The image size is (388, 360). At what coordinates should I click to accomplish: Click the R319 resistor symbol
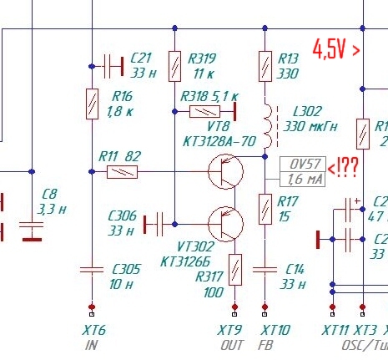coord(174,66)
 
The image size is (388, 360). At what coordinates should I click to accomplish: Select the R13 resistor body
coord(265,66)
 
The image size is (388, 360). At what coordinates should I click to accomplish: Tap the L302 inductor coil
coord(267,125)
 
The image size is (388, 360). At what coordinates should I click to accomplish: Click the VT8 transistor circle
coord(225,171)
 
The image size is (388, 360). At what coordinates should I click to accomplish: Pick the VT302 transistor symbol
coord(225,224)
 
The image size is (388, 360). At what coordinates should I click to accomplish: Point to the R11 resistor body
coord(122,172)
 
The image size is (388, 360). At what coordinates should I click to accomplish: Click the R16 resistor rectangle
coord(92,104)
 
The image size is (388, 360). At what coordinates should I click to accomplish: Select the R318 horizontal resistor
coord(204,111)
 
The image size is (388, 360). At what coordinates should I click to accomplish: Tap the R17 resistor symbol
coord(265,209)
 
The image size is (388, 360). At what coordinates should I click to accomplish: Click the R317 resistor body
coord(235,270)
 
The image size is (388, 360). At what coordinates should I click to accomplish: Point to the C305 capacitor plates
coord(92,270)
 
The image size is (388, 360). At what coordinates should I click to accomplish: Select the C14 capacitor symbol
coord(265,270)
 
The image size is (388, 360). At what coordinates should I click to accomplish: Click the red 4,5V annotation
coord(336,49)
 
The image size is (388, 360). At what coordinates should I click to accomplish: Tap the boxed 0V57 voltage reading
coord(303,164)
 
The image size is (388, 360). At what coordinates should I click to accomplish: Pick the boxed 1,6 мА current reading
coord(303,179)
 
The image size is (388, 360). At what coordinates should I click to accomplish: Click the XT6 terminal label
coord(94,330)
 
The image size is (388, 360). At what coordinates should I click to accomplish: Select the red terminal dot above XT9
coord(234,307)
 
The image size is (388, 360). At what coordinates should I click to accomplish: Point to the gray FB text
coord(265,345)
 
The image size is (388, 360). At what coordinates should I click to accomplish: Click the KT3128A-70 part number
coord(219,141)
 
